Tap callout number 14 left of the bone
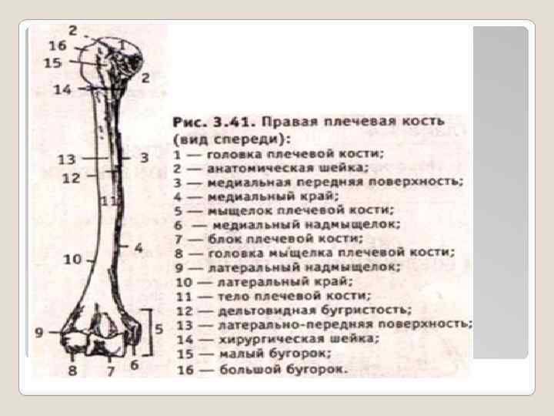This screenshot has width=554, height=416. (63, 90)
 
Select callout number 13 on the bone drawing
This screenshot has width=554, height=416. (68, 159)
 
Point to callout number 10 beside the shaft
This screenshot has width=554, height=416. (72, 260)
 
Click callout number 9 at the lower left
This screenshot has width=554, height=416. (38, 333)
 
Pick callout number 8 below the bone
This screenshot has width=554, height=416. (72, 371)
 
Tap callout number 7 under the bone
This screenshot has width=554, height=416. (110, 371)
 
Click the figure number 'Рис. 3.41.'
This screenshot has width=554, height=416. (213, 122)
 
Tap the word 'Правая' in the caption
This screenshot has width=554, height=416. (289, 122)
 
